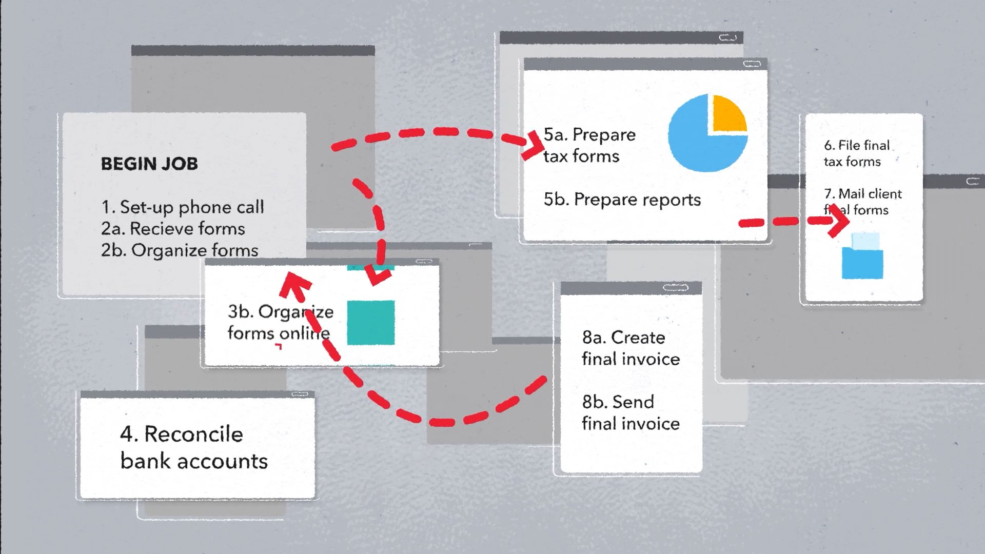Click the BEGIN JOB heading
coord(149,164)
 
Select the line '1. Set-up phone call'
coord(182,207)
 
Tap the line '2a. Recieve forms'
coord(173,229)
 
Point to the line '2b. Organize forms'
coord(180,250)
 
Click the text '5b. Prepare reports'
coord(622,200)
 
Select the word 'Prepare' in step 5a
coord(604,135)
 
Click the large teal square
coord(371,323)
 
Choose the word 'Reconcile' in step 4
coord(193,434)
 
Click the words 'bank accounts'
coord(194,461)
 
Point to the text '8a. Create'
coord(623,338)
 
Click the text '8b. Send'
coord(618,402)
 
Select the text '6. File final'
coord(857,146)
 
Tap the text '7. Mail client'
coord(862,194)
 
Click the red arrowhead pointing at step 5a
coord(531,145)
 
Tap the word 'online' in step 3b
coord(305,333)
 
